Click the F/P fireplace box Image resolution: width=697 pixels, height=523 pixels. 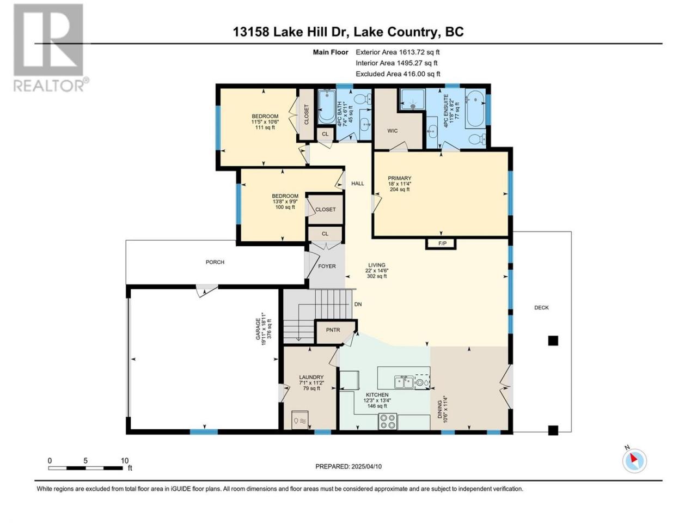[x=441, y=244]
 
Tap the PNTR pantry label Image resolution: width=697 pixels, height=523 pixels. [x=333, y=330]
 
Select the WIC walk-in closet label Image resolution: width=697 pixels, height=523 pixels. [x=392, y=131]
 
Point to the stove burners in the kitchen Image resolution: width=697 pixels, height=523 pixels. [x=388, y=421]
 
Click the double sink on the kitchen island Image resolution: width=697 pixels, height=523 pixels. [x=403, y=382]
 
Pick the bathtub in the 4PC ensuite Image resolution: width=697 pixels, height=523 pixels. [x=475, y=108]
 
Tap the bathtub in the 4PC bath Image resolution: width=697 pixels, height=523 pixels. [x=327, y=106]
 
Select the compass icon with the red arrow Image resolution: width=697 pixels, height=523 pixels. [x=634, y=461]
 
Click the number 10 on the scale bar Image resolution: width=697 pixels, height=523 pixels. [x=125, y=460]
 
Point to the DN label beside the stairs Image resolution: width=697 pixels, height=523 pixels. [x=358, y=304]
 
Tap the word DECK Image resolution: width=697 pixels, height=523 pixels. [x=541, y=307]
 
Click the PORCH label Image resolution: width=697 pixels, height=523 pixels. [x=215, y=262]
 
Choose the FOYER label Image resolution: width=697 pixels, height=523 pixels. [x=327, y=266]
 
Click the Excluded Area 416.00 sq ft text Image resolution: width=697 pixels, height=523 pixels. [x=398, y=74]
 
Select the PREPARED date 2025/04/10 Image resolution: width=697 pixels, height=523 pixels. [x=366, y=466]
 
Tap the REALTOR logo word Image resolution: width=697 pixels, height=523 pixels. [x=49, y=86]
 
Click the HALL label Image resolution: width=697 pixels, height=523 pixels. [x=358, y=184]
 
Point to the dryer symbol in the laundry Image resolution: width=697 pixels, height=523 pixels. [x=300, y=420]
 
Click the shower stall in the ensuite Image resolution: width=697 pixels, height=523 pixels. [x=413, y=99]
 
